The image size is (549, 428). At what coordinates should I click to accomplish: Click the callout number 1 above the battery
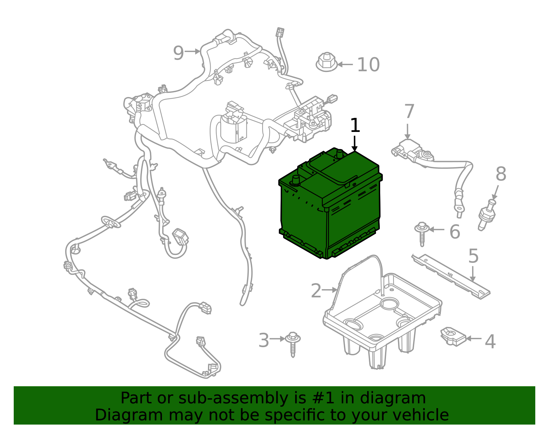click(x=355, y=125)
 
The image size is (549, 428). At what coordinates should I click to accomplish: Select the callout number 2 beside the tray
click(x=316, y=291)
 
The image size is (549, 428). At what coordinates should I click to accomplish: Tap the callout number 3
click(x=264, y=340)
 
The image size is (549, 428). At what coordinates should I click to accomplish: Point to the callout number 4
click(x=490, y=341)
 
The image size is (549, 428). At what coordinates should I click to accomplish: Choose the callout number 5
click(x=474, y=256)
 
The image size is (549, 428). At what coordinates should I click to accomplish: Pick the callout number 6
click(x=455, y=231)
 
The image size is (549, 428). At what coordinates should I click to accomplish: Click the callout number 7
click(x=409, y=111)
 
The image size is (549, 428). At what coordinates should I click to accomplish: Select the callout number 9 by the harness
click(x=178, y=53)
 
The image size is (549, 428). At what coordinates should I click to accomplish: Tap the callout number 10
click(x=369, y=64)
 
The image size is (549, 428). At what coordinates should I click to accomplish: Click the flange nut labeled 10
click(x=326, y=62)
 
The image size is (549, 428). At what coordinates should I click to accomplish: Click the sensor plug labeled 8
click(x=487, y=215)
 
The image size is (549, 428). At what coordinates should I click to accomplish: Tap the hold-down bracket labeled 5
click(x=451, y=277)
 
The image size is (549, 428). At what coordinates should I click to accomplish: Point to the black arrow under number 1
click(x=355, y=144)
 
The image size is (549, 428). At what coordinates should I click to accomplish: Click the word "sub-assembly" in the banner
click(x=233, y=398)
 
